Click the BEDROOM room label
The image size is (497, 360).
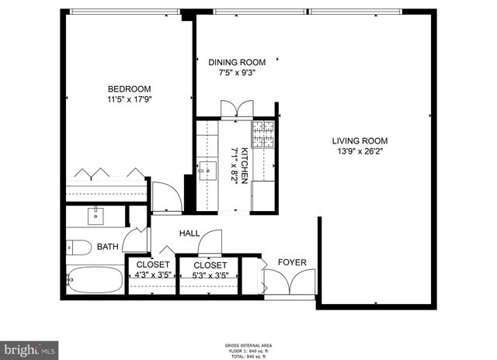point(129,88)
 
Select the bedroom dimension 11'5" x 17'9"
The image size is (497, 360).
point(129,99)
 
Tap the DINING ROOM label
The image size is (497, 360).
point(238,62)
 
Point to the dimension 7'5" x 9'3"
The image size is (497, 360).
point(238,73)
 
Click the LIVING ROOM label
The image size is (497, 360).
point(360,140)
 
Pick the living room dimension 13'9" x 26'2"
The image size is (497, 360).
point(360,151)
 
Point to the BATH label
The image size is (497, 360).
point(108,247)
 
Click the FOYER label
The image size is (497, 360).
point(293,262)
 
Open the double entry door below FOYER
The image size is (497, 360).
point(290,285)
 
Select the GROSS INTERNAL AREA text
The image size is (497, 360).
point(248,344)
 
